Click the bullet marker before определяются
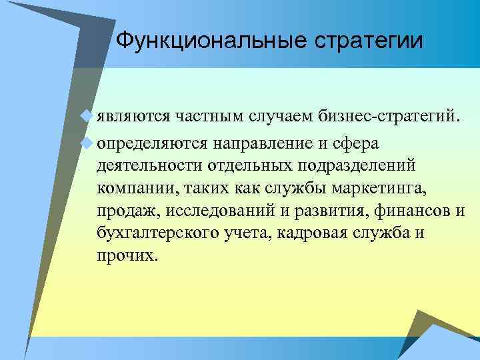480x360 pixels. tap(84, 142)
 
